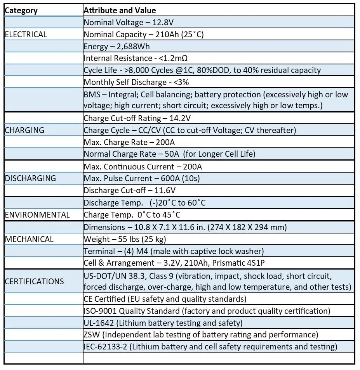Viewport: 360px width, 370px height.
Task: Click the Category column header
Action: click(21, 10)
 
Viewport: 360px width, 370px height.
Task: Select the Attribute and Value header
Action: click(120, 10)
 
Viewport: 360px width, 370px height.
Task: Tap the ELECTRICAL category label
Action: click(26, 35)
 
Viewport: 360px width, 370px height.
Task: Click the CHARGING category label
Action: click(24, 130)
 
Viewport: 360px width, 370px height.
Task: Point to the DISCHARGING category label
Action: click(30, 178)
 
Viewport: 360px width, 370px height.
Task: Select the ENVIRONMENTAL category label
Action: click(37, 215)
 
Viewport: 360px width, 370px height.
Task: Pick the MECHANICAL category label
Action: click(29, 239)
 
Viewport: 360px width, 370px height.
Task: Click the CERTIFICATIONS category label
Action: click(34, 281)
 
